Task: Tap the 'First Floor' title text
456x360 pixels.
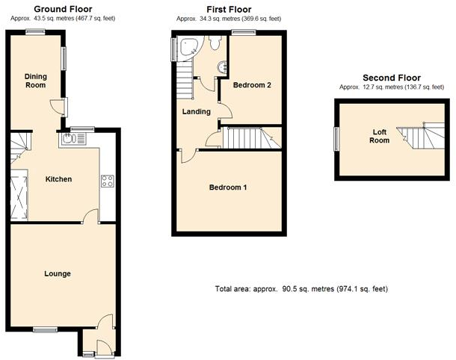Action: [229, 9]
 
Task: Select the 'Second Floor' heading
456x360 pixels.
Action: [391, 78]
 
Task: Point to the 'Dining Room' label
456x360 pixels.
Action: [35, 81]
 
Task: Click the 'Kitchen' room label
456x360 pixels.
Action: [58, 179]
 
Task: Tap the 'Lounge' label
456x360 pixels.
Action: [57, 273]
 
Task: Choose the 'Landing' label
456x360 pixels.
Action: [197, 112]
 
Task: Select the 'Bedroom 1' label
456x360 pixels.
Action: [227, 187]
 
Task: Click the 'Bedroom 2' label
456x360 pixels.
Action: [252, 85]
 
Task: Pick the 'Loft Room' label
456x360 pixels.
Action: [381, 136]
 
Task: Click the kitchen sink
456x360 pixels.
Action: [71, 137]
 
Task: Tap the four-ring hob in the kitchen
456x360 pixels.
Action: [107, 180]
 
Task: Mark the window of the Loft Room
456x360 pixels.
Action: [336, 138]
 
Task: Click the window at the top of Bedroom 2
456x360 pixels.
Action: [247, 32]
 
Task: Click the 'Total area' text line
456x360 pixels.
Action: [301, 289]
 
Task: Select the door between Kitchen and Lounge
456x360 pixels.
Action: [90, 217]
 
